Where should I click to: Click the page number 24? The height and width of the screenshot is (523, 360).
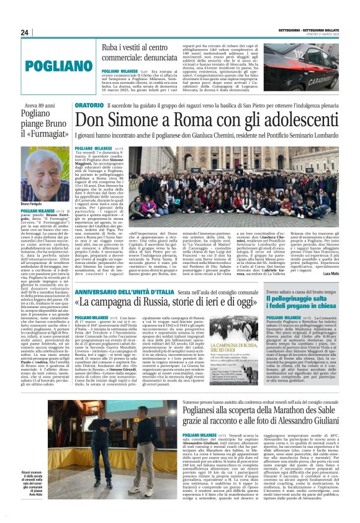24,33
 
